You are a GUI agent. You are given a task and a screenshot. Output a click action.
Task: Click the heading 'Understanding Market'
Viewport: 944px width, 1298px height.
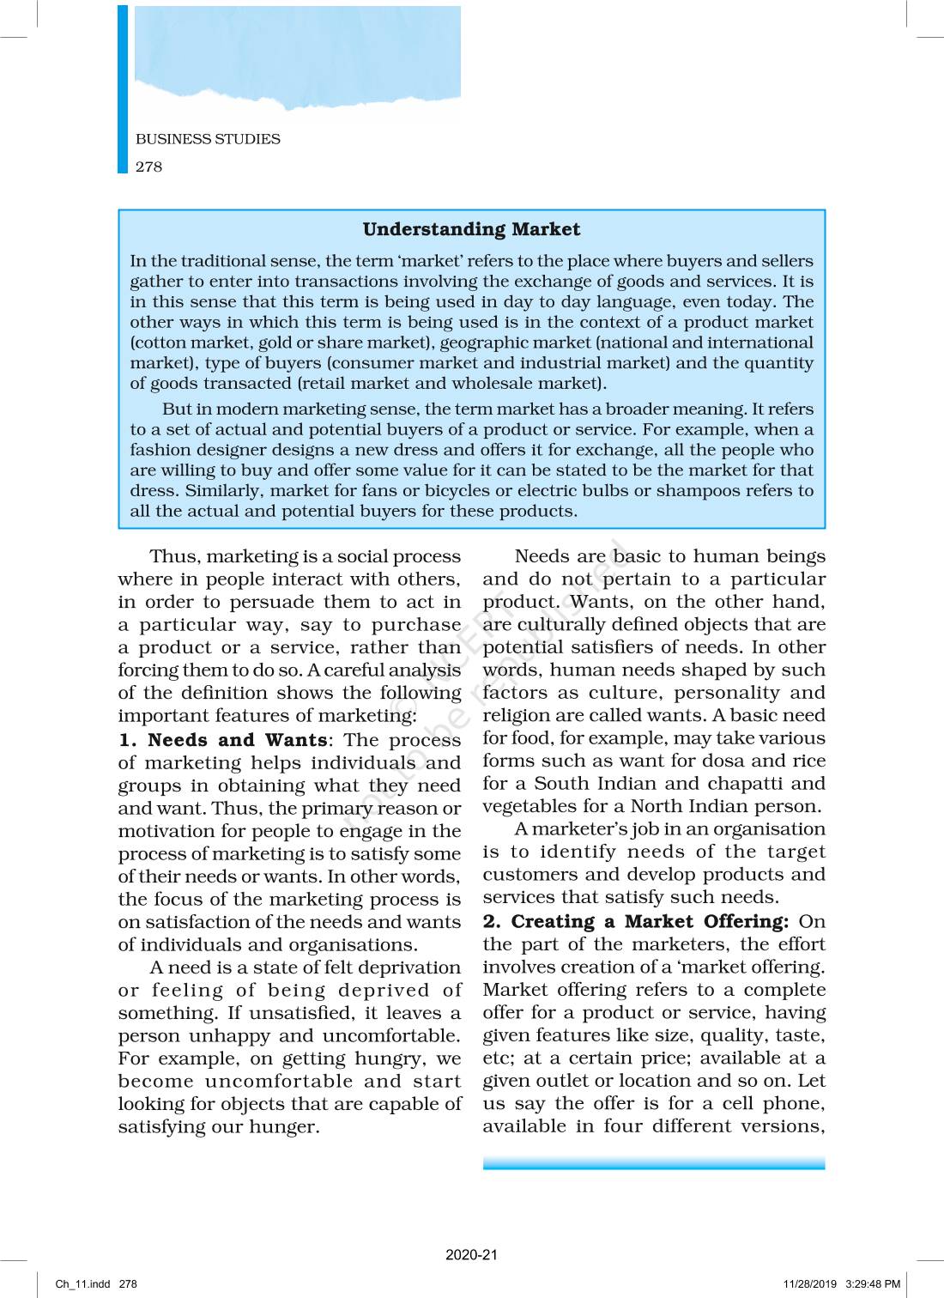click(471, 229)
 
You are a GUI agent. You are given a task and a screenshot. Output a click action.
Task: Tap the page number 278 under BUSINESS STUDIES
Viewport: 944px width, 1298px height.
click(148, 167)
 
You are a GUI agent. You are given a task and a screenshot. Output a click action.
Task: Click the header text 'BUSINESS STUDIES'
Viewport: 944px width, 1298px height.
click(208, 139)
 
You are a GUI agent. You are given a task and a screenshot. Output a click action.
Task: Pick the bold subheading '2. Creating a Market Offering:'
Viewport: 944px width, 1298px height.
click(635, 921)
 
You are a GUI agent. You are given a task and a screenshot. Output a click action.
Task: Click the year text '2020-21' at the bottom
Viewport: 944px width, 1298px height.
click(471, 1254)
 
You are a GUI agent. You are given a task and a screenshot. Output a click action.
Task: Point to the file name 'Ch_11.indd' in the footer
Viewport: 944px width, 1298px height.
click(83, 1284)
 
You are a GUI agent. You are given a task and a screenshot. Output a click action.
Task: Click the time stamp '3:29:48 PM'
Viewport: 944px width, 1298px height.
click(873, 1284)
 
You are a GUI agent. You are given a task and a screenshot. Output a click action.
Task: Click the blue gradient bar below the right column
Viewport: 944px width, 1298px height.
click(654, 1163)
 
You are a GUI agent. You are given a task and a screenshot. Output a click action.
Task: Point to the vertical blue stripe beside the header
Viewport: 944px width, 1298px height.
click(123, 89)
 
